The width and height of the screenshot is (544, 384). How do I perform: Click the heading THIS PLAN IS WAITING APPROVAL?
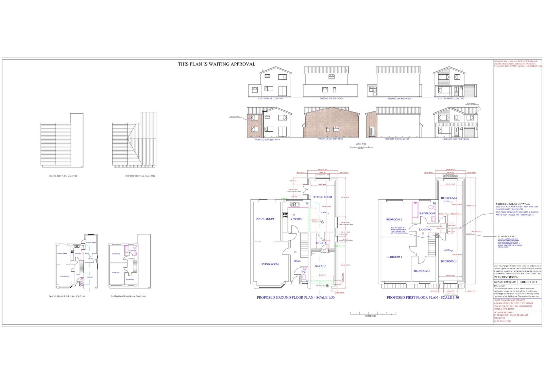217,64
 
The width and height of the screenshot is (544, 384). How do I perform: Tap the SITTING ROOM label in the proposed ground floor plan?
322,197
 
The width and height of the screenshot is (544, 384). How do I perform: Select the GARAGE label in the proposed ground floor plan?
320,266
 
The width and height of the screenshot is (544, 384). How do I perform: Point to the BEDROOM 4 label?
449,198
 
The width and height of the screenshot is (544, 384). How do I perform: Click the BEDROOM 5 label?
449,261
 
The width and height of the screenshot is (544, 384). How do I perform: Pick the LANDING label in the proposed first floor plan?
425,230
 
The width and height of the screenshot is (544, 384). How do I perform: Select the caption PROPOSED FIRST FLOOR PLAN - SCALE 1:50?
423,298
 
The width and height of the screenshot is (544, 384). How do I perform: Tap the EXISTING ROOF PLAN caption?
63,176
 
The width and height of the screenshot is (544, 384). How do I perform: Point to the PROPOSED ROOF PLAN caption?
140,176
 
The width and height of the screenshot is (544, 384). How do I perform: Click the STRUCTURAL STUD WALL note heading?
512,204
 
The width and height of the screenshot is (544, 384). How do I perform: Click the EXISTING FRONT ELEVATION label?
451,99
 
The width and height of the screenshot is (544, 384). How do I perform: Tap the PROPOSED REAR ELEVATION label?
268,140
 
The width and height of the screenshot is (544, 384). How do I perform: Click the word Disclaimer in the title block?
500,286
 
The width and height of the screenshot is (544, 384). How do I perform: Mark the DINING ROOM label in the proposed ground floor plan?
265,219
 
